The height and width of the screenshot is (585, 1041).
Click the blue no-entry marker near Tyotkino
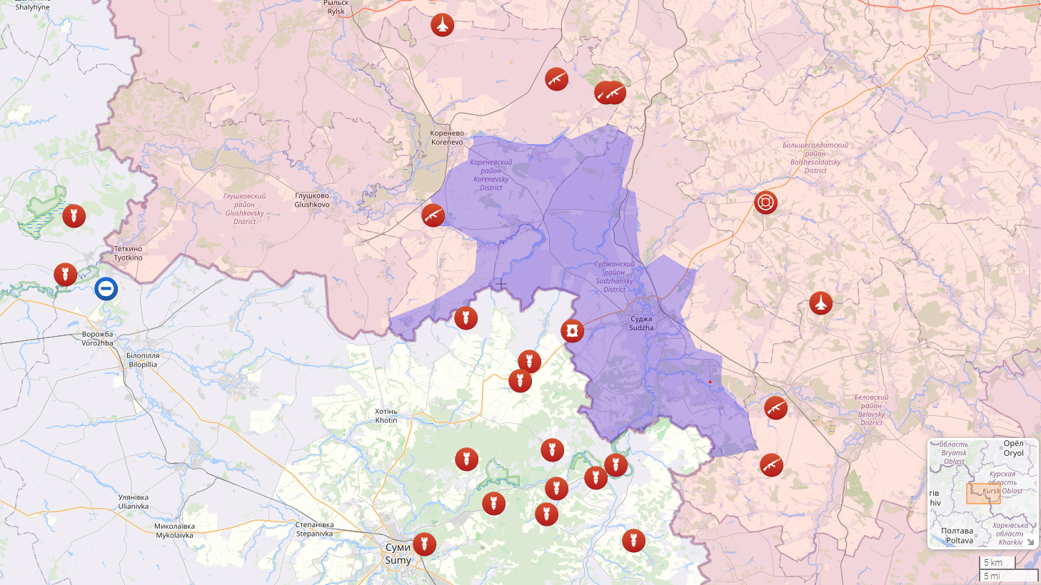[106, 289]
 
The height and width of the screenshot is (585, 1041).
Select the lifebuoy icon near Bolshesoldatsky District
[765, 203]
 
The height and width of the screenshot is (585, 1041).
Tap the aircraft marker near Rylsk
[443, 25]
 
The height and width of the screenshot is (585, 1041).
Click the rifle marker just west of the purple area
[433, 215]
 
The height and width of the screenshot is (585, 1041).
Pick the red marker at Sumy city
[424, 544]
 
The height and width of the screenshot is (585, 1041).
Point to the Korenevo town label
[447, 138]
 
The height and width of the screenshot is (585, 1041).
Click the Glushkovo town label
[312, 200]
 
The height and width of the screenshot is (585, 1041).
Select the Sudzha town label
[641, 323]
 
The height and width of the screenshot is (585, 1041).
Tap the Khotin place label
[386, 416]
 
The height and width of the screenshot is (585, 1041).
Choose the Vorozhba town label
[97, 338]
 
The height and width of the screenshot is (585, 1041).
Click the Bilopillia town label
[143, 360]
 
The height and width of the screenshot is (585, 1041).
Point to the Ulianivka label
[134, 502]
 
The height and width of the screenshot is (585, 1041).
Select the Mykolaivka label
[174, 531]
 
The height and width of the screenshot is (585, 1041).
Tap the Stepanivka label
[314, 529]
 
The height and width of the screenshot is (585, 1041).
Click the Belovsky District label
[871, 410]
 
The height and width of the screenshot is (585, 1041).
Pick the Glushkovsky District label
[245, 208]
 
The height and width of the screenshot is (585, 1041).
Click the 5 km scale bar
[997, 562]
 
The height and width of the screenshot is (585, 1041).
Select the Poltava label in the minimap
[957, 535]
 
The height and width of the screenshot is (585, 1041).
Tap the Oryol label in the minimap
[1013, 448]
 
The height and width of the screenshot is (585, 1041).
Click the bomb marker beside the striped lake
[74, 215]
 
